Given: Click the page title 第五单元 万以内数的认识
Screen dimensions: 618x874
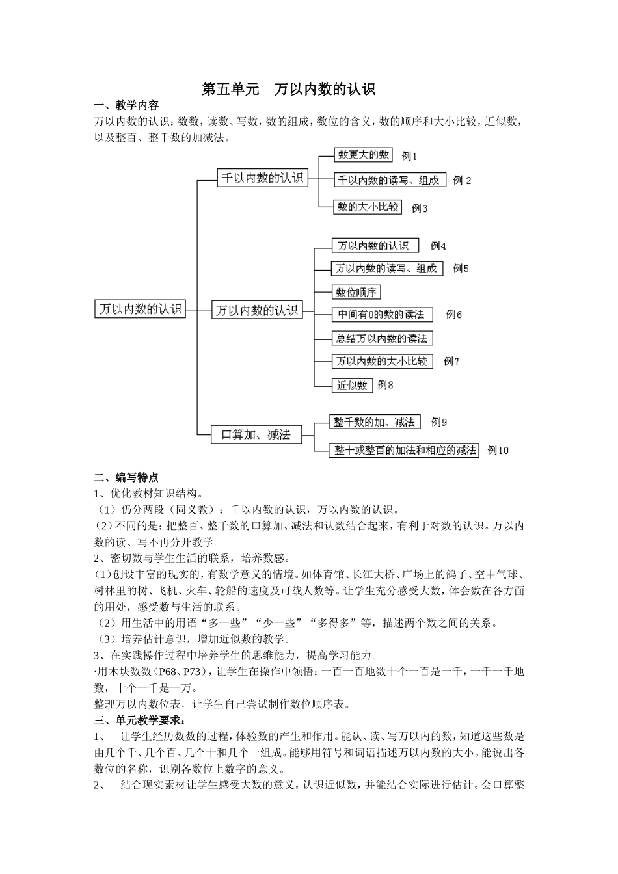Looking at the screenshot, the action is tap(289, 89).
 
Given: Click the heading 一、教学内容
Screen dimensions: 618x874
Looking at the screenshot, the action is tap(126, 105).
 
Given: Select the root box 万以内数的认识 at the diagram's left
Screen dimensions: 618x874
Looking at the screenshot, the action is tap(141, 309).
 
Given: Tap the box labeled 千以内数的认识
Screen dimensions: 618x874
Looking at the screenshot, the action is tap(262, 178).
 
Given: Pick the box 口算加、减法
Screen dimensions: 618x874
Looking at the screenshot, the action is tap(256, 434).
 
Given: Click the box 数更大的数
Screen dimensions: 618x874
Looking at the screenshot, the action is tap(364, 155).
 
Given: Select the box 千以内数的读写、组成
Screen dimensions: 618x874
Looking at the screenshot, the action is tap(389, 180).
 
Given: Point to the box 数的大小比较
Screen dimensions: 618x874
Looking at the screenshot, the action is tap(368, 207).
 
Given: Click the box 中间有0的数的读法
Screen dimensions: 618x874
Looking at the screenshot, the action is tap(381, 315).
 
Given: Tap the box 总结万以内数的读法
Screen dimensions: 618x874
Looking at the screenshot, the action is tap(382, 338).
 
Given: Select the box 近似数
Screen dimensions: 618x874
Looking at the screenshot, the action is tap(352, 385).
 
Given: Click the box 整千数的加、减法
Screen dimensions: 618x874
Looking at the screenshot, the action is tap(375, 422).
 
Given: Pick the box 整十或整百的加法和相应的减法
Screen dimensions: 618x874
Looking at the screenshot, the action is tap(405, 450).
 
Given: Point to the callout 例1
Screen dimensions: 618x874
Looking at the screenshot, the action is tap(409, 156).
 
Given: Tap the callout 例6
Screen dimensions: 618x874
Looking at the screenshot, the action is tap(454, 315).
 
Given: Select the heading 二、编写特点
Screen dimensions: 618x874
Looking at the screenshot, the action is tap(126, 477).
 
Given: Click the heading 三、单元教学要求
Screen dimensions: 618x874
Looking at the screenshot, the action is tap(139, 721).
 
